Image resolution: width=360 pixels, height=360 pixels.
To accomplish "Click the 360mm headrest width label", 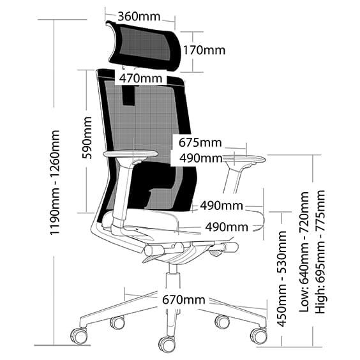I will (x=139, y=16).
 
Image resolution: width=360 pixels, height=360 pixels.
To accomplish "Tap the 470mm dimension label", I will (x=139, y=79).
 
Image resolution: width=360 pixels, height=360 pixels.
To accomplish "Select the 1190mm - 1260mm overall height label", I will (x=56, y=183).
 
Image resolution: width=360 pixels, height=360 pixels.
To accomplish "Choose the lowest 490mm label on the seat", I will (x=227, y=227).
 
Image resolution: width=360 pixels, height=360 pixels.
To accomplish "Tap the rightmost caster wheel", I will (x=258, y=335).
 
